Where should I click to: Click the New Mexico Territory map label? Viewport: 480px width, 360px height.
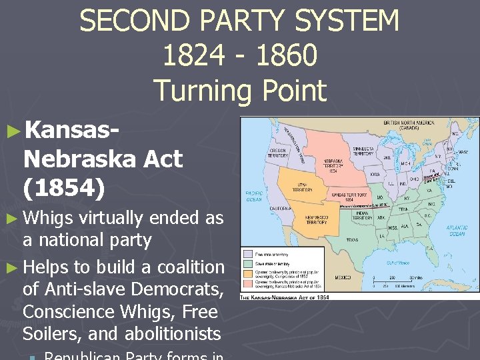(x=316, y=220)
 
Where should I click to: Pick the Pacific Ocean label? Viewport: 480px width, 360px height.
(x=254, y=194)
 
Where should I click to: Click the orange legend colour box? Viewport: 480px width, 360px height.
(x=247, y=273)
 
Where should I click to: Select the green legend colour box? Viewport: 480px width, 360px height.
(x=247, y=263)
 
